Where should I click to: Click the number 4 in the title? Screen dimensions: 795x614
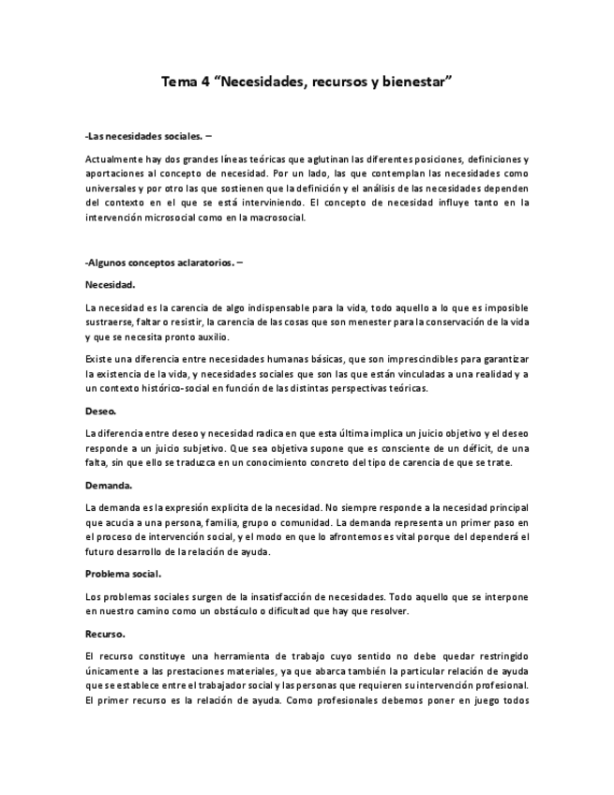pyautogui.click(x=204, y=83)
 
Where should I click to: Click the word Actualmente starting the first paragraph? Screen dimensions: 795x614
pyautogui.click(x=113, y=159)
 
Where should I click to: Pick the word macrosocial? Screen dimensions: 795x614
pyautogui.click(x=276, y=217)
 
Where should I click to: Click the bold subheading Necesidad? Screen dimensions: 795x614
pyautogui.click(x=110, y=284)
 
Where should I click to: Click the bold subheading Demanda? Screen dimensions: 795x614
pyautogui.click(x=108, y=485)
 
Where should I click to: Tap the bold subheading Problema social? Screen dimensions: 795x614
pyautogui.click(x=123, y=574)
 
